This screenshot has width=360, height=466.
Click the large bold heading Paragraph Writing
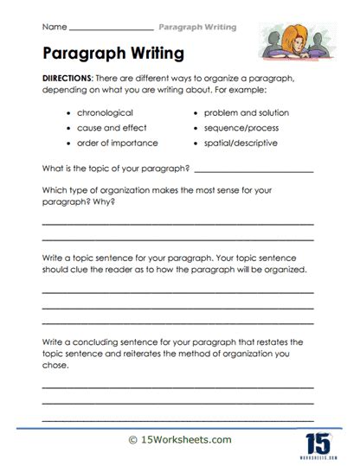point(112,53)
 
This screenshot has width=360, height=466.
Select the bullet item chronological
point(106,113)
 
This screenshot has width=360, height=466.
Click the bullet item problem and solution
point(246,113)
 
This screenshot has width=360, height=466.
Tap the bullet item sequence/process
point(240,128)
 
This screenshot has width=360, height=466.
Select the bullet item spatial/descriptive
point(241,143)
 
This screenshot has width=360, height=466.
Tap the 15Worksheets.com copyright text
point(180,440)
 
